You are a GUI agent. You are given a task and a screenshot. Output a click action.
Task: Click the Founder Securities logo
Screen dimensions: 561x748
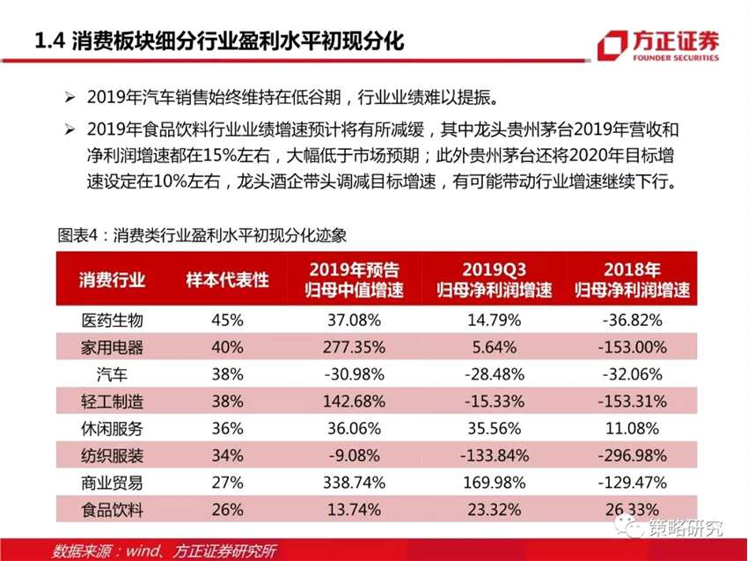pos(657,46)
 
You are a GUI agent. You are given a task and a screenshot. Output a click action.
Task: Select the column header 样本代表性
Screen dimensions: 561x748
pos(227,280)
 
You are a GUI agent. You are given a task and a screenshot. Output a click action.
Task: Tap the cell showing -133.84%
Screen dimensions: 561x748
pos(495,455)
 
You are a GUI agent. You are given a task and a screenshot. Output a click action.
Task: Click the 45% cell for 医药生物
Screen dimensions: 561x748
pos(227,320)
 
